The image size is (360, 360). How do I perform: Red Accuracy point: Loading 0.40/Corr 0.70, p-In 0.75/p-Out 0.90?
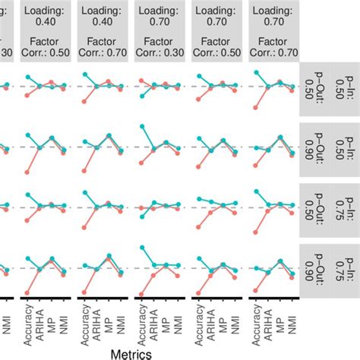84,292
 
